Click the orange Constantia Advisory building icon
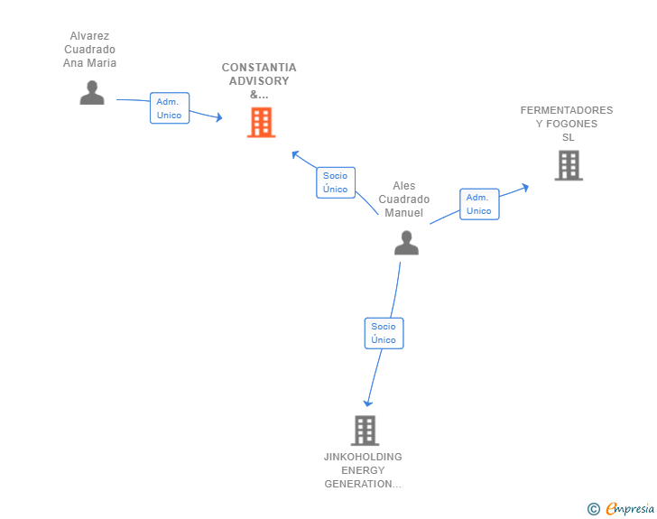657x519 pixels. (x=261, y=122)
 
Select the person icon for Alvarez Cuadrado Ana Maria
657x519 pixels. (x=92, y=93)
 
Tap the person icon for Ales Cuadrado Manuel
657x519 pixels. (x=406, y=243)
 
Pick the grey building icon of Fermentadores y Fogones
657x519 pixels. (x=568, y=165)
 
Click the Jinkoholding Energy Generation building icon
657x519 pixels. (x=364, y=431)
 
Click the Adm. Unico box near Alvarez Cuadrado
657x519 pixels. (x=169, y=108)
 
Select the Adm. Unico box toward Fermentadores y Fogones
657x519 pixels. (x=478, y=204)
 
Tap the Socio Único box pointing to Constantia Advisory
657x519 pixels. (x=335, y=182)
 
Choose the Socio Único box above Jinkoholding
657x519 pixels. (x=384, y=333)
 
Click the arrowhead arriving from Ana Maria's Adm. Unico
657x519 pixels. (x=217, y=117)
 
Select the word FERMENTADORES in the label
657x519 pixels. (x=566, y=110)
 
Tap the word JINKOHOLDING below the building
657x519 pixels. (x=363, y=457)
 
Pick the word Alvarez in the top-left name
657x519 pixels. (x=89, y=36)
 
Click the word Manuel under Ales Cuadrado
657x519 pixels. (x=403, y=213)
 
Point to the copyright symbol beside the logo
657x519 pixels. (x=593, y=509)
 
